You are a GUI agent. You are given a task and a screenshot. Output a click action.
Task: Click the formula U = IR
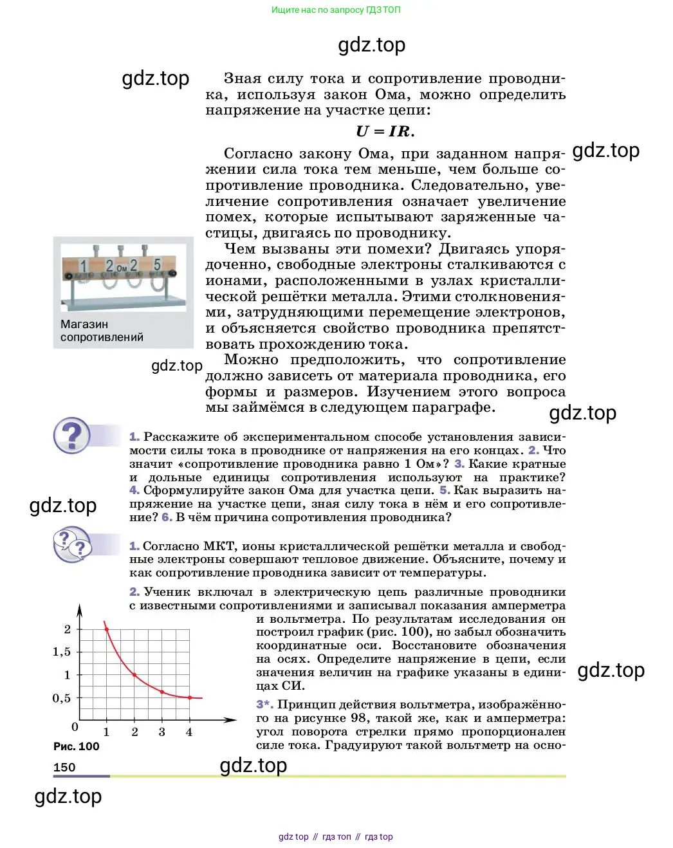[x=385, y=132]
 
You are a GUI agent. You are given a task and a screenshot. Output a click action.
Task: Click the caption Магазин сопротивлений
[x=102, y=331]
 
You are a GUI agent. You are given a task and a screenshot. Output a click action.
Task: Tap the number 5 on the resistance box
[x=157, y=265]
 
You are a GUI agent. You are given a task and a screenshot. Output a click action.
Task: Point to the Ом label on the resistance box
[x=122, y=268]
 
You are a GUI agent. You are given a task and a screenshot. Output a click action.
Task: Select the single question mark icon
[x=71, y=436]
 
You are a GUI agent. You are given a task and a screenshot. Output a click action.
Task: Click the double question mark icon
[x=72, y=544]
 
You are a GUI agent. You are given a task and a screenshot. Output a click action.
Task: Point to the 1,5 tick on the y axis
[x=62, y=652]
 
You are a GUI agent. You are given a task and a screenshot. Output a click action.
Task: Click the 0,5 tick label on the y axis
[x=62, y=698]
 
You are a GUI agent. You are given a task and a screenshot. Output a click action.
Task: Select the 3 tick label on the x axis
[x=161, y=732]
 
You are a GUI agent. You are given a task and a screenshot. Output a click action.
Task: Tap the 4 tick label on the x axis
[x=189, y=732]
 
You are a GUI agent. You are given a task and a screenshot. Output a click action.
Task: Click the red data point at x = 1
[x=107, y=629]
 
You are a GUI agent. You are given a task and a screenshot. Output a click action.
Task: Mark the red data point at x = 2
[x=134, y=675]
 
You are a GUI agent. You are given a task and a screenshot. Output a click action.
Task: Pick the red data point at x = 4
[x=189, y=697]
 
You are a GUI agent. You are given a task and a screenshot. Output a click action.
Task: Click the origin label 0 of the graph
[x=75, y=727]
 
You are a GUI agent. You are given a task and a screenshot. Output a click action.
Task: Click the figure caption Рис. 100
[x=76, y=746]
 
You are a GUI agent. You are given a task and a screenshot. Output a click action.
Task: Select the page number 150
[x=64, y=767]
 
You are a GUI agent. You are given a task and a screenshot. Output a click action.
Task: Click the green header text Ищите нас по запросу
[x=336, y=10]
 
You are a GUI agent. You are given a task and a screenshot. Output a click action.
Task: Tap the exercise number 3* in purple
[x=264, y=705]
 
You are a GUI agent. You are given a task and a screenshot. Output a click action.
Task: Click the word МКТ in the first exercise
[x=219, y=546]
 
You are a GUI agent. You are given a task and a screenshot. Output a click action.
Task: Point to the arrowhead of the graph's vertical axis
[x=79, y=609]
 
